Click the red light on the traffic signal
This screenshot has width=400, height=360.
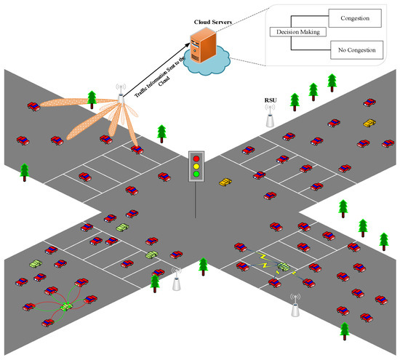click(196, 156)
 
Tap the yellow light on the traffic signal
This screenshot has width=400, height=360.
click(196, 165)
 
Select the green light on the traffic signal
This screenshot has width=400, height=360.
click(196, 174)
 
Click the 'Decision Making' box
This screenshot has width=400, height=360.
click(297, 33)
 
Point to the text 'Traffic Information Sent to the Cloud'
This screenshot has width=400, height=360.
click(156, 69)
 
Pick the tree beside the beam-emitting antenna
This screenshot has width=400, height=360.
click(92, 97)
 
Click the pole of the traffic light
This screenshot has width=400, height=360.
click(196, 200)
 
